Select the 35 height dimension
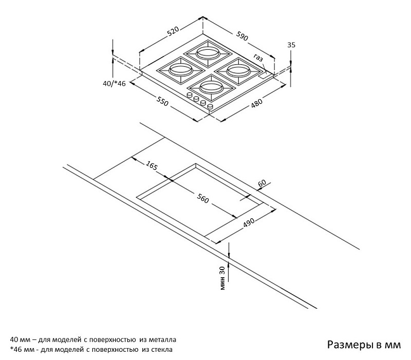coord(291,45)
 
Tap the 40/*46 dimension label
coord(114,84)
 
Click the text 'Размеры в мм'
coord(363,345)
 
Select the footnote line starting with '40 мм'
coord(93,340)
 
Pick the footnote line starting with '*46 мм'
coord(91,350)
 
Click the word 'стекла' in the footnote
coord(161,350)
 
